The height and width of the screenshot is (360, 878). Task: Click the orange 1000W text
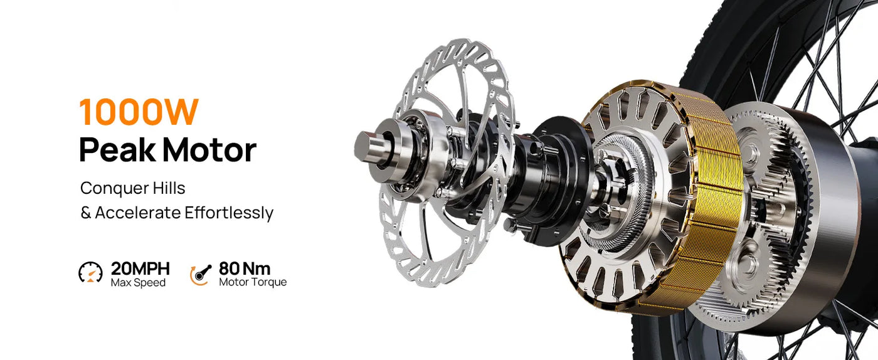click(139, 112)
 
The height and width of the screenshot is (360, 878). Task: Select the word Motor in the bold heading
click(209, 151)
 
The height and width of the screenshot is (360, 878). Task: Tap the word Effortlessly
click(229, 213)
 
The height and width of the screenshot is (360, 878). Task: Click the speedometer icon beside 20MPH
click(90, 272)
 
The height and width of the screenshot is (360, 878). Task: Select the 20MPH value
click(140, 269)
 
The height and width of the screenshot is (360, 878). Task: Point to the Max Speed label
click(138, 283)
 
